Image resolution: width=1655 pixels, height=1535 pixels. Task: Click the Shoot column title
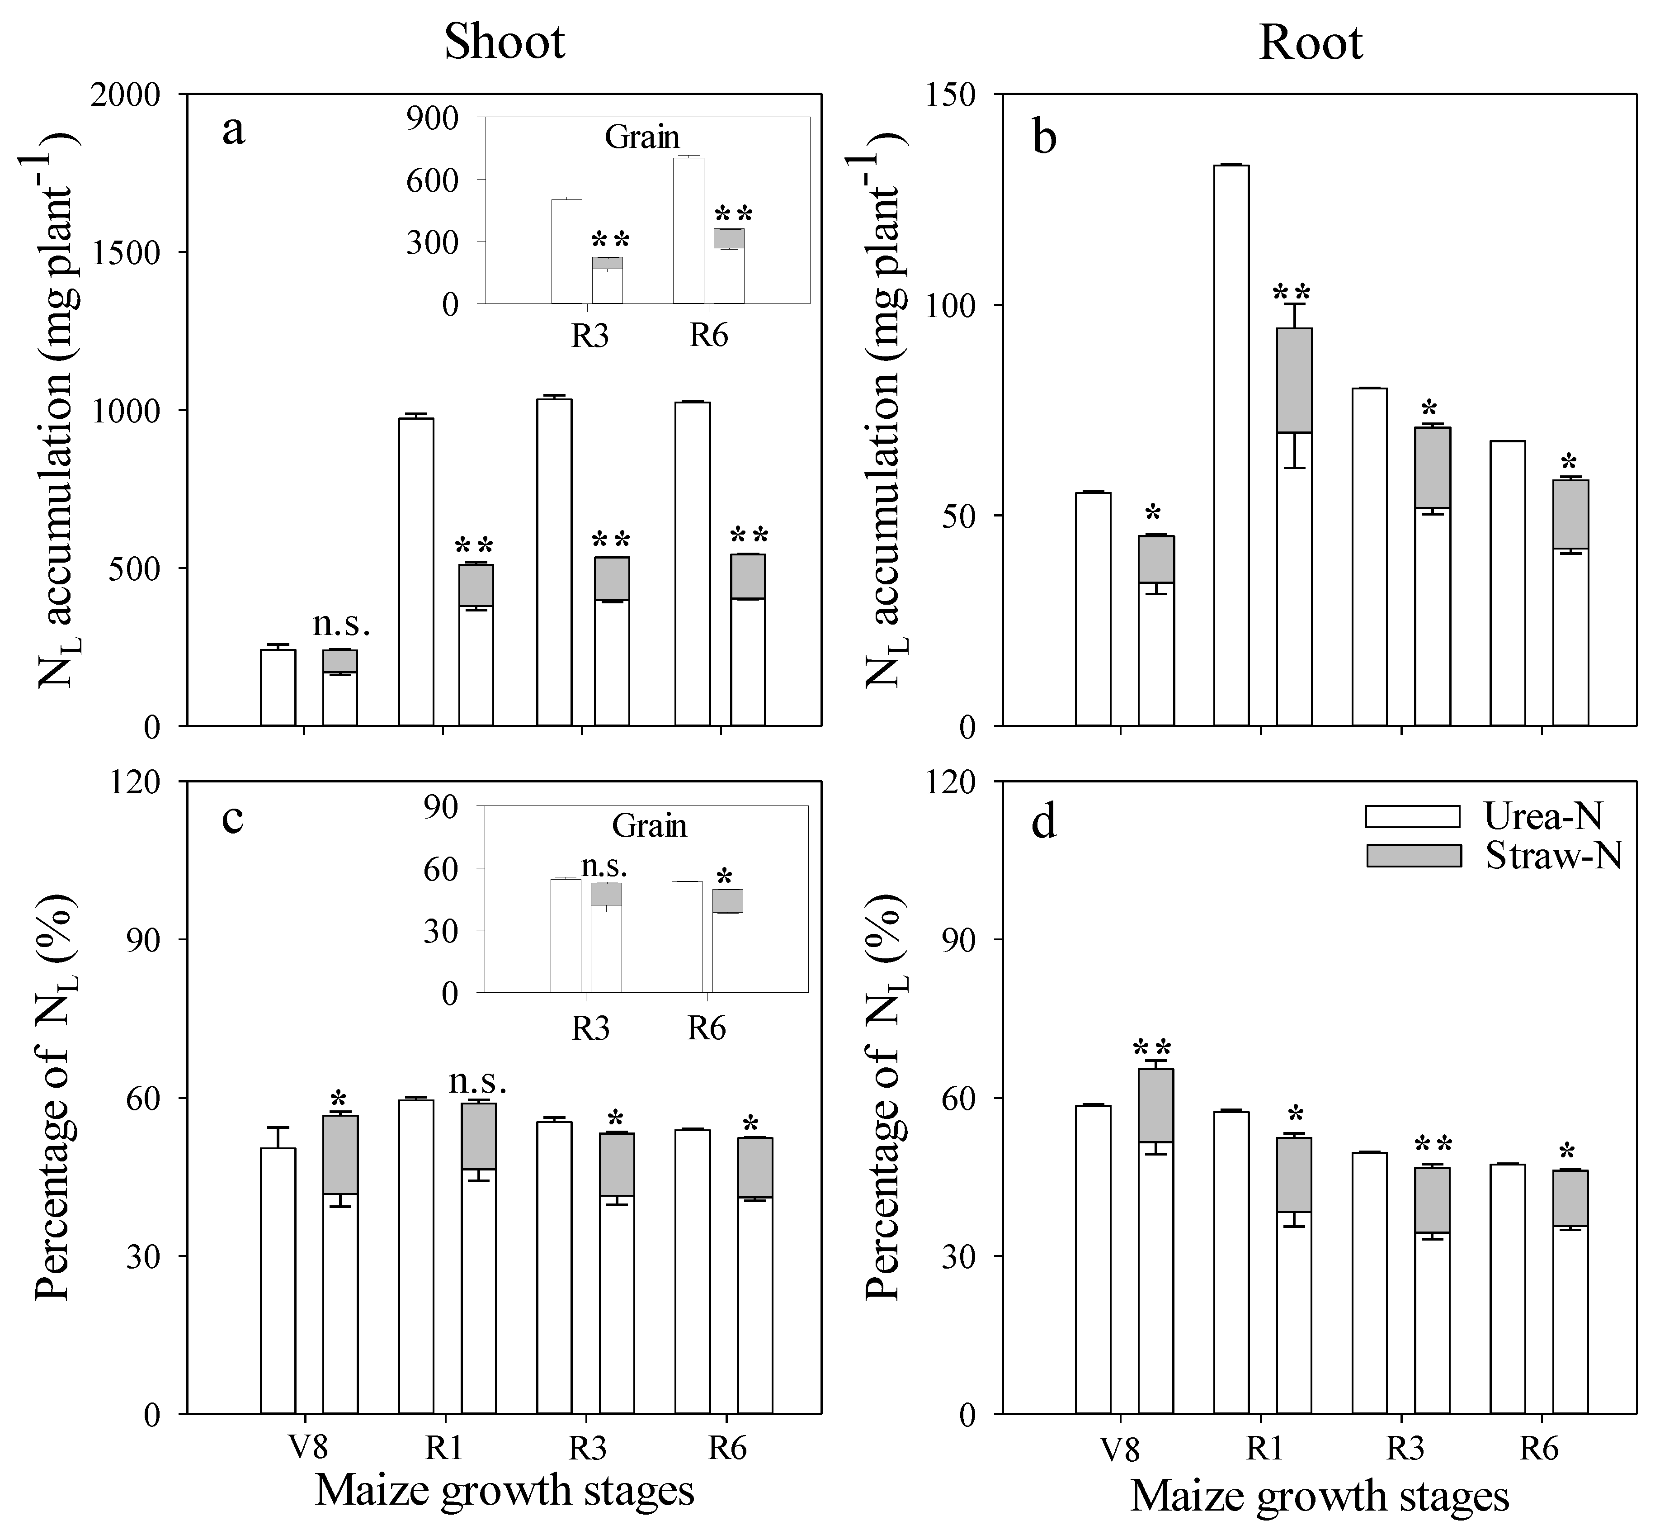pyautogui.click(x=504, y=42)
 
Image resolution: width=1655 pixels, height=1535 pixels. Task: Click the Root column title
pyautogui.click(x=1311, y=42)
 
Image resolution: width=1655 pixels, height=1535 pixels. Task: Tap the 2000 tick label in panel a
pyautogui.click(x=125, y=95)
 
